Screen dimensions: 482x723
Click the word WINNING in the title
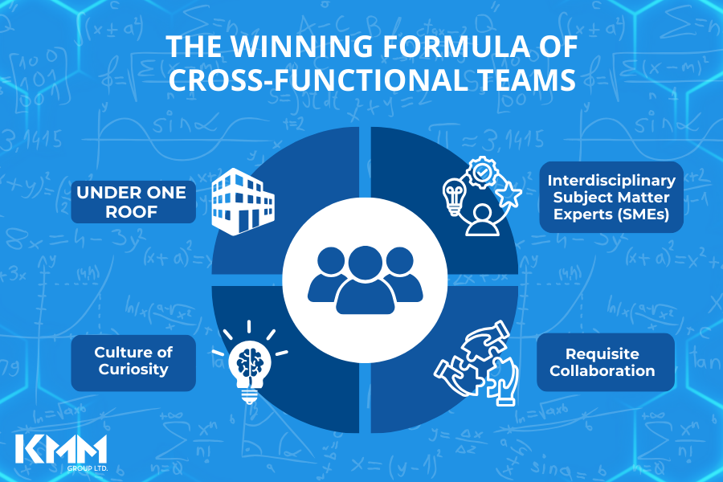[x=290, y=47]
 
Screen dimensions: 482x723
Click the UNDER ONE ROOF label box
[x=133, y=202]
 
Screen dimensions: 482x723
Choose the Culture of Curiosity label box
[x=133, y=361]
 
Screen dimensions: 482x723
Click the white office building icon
[x=242, y=201]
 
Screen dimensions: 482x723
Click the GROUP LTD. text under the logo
[x=60, y=467]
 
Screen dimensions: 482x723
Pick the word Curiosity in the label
[x=133, y=370]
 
